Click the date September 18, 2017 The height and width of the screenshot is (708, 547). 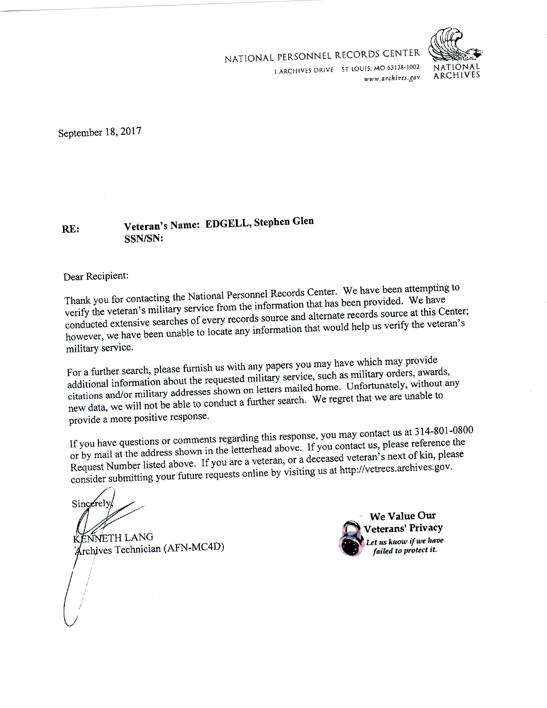click(x=100, y=132)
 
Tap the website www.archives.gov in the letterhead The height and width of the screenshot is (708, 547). click(x=392, y=78)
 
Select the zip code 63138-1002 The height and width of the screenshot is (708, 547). click(x=403, y=68)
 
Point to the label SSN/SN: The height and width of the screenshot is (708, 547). click(x=144, y=239)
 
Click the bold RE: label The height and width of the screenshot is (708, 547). click(x=70, y=229)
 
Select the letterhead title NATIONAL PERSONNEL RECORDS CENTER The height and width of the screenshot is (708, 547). click(x=322, y=56)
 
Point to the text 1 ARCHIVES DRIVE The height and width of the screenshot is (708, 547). click(x=304, y=70)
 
